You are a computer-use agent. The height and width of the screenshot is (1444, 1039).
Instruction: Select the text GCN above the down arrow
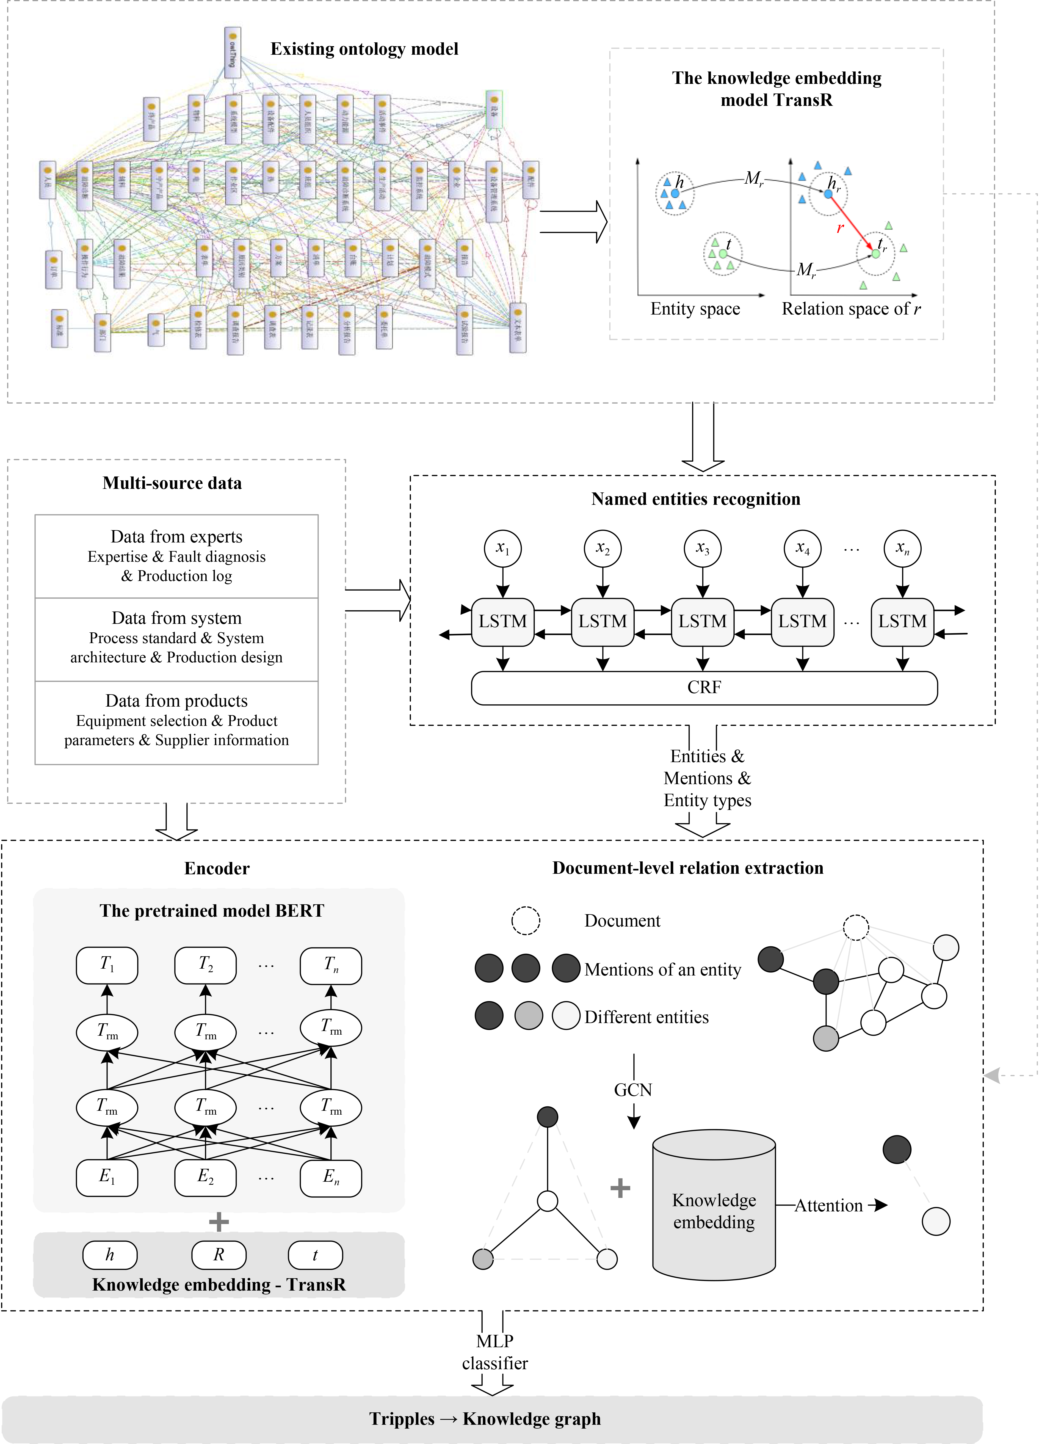pyautogui.click(x=633, y=1090)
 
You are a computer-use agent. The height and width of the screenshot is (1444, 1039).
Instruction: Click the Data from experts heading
pyautogui.click(x=176, y=537)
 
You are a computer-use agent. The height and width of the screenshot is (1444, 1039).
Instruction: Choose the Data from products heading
pyautogui.click(x=176, y=701)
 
